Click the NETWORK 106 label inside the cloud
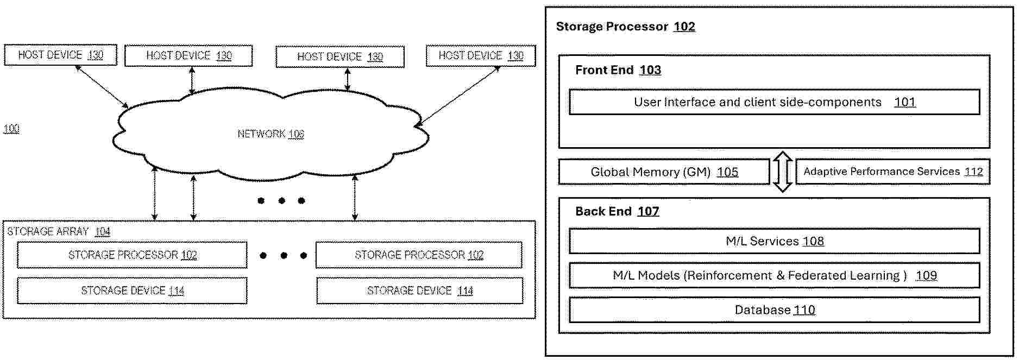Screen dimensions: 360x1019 [271, 134]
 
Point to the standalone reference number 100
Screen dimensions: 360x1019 [11, 129]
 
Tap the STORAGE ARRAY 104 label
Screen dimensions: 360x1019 [59, 232]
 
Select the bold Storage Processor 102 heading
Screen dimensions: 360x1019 [625, 27]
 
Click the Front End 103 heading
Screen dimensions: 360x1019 [618, 70]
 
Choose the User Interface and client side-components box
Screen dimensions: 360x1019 [774, 102]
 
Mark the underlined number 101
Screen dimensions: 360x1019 [904, 102]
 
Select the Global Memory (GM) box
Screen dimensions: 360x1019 [664, 172]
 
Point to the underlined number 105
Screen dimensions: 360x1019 [727, 172]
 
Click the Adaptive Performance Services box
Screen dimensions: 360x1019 [892, 172]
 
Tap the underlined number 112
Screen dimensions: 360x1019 [973, 172]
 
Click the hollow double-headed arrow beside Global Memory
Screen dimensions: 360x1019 [782, 172]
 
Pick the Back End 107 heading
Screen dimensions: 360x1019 [617, 211]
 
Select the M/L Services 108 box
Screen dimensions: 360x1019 [774, 241]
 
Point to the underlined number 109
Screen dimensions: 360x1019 [926, 275]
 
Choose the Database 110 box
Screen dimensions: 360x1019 [774, 310]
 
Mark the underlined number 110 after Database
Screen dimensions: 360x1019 [804, 310]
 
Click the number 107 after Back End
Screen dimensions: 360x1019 [648, 211]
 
